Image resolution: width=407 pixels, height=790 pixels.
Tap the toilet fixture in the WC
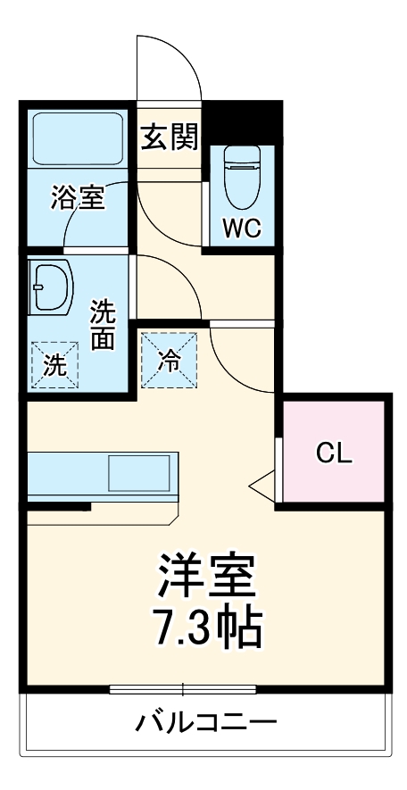click(x=241, y=178)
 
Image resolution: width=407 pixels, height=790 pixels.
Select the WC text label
click(x=241, y=229)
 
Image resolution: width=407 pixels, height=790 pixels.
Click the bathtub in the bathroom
click(x=77, y=138)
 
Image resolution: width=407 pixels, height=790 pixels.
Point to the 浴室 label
click(x=77, y=197)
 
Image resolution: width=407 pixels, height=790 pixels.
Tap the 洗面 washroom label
click(x=104, y=326)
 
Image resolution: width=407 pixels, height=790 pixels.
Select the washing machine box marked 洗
click(x=55, y=365)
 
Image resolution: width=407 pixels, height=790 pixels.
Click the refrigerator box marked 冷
click(x=169, y=359)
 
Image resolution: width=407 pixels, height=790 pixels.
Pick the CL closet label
click(x=334, y=453)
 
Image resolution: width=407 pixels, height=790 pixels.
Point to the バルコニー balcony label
click(x=205, y=721)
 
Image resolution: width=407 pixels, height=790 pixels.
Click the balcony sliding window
click(x=183, y=689)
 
